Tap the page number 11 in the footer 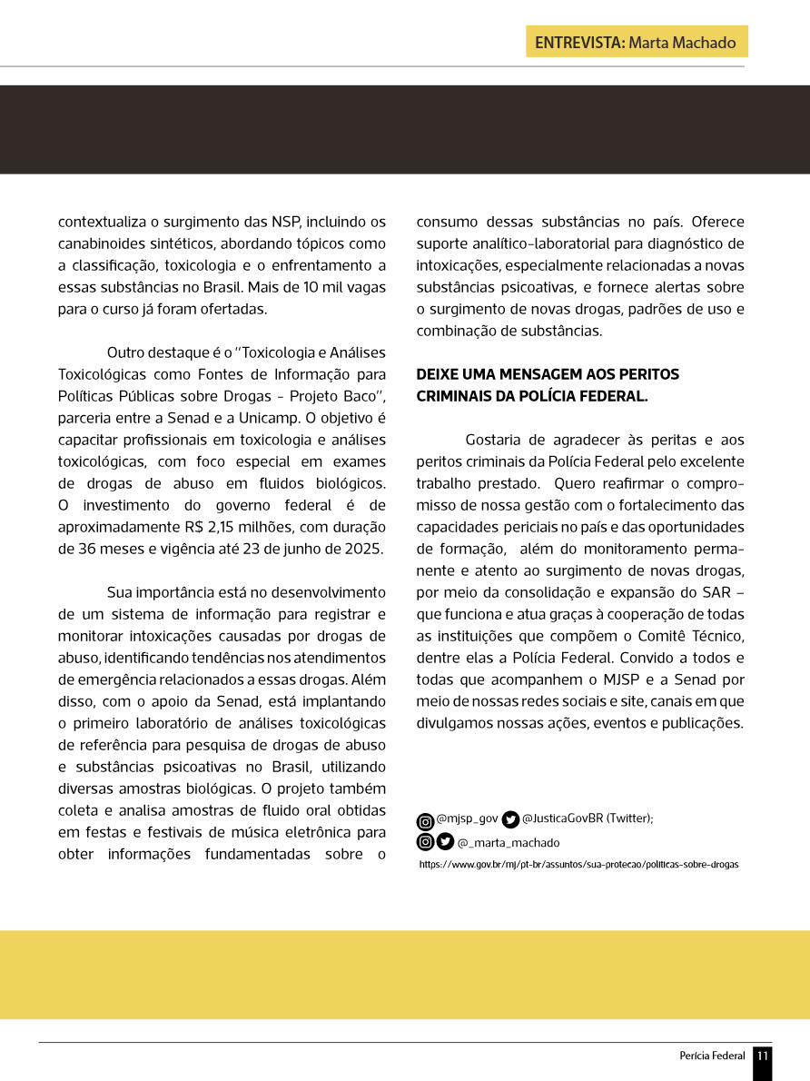pyautogui.click(x=763, y=1056)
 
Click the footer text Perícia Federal pyautogui.click(x=712, y=1056)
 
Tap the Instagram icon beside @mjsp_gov pyautogui.click(x=425, y=820)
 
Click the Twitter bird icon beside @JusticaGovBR pyautogui.click(x=510, y=819)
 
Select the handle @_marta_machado pyautogui.click(x=509, y=843)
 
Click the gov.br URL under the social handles pyautogui.click(x=578, y=865)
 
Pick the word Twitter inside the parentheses pyautogui.click(x=626, y=818)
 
